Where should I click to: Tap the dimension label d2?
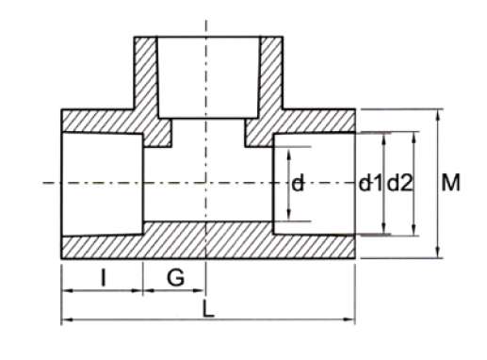click(x=400, y=184)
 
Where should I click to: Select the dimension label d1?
click(x=369, y=184)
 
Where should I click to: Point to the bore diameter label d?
click(x=297, y=185)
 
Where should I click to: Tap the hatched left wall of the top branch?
click(x=145, y=80)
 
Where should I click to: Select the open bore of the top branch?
click(x=207, y=75)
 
